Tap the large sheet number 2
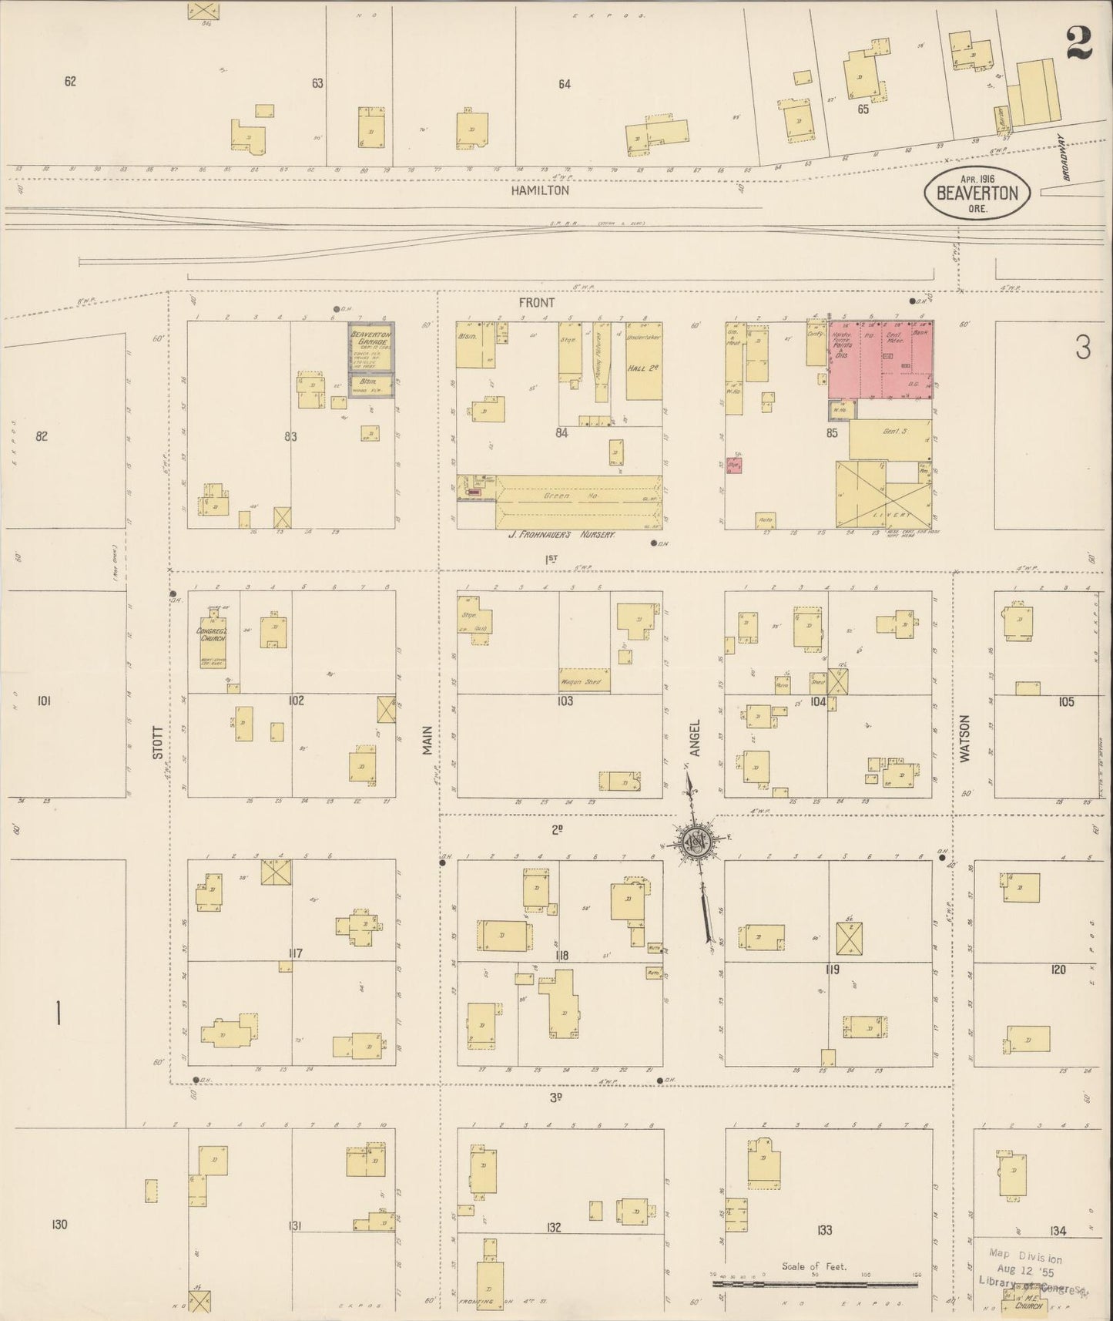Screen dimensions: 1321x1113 tap(1080, 42)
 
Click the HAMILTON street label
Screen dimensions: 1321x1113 tap(541, 190)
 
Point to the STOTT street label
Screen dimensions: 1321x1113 tap(157, 743)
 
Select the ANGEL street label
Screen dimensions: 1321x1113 tap(695, 738)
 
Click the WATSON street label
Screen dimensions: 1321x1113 tap(964, 739)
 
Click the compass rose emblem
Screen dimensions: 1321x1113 tap(697, 845)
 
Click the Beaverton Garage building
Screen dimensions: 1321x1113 tap(371, 347)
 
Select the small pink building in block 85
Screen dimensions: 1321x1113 tap(734, 465)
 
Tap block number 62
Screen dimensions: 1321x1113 tap(70, 82)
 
